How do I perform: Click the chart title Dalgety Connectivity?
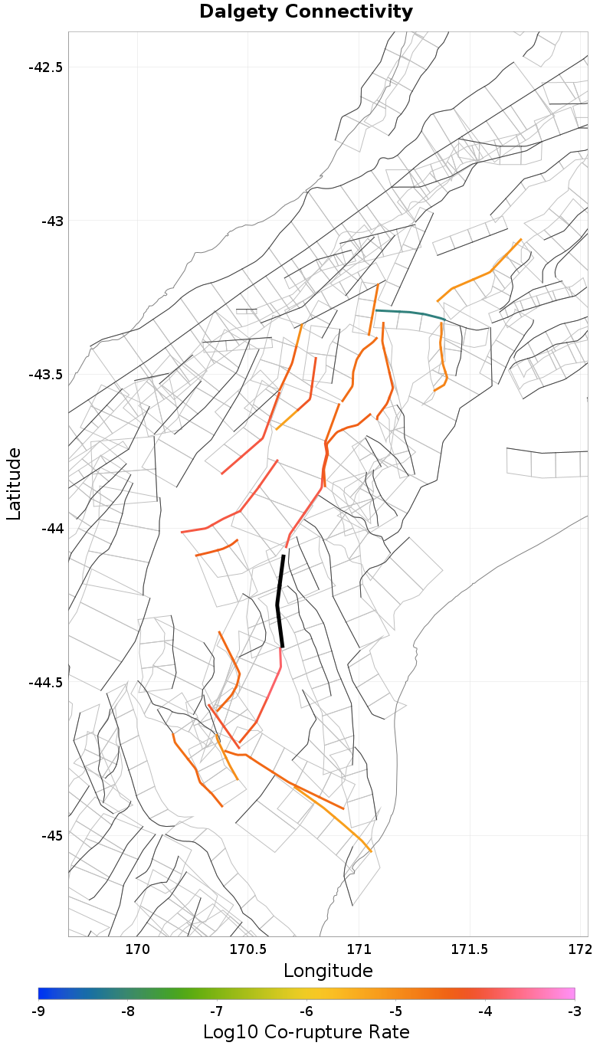(306, 12)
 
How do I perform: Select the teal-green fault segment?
(410, 313)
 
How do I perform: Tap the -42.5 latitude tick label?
(45, 67)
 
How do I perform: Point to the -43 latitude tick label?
(51, 221)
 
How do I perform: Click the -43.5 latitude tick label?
(45, 375)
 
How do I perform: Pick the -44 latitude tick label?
(51, 529)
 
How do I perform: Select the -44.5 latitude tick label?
(45, 682)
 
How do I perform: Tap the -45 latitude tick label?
(51, 835)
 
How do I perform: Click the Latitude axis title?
(14, 484)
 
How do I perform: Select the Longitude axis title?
(328, 971)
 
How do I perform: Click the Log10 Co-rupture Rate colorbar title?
(306, 1031)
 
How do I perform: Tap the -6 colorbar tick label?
(306, 1011)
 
